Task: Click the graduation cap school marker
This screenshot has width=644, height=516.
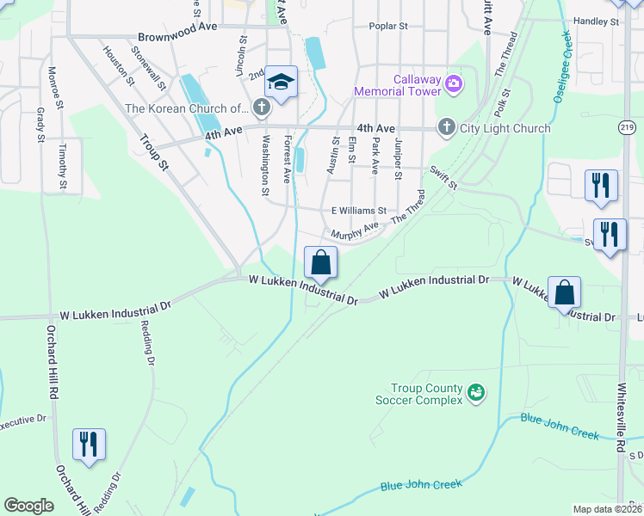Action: click(281, 83)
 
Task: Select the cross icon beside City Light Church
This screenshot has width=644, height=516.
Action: click(446, 128)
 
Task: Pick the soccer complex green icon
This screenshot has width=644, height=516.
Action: click(474, 394)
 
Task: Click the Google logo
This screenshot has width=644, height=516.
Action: click(28, 506)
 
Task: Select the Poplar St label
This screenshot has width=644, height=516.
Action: click(387, 27)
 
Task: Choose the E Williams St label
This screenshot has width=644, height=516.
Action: click(359, 210)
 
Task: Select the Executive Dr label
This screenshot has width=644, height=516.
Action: click(22, 421)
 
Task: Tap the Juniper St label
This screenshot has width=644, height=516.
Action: click(398, 157)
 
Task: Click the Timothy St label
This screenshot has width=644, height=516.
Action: click(62, 166)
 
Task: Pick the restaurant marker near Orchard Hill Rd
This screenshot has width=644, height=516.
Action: click(89, 444)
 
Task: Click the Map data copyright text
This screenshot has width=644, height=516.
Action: click(607, 509)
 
